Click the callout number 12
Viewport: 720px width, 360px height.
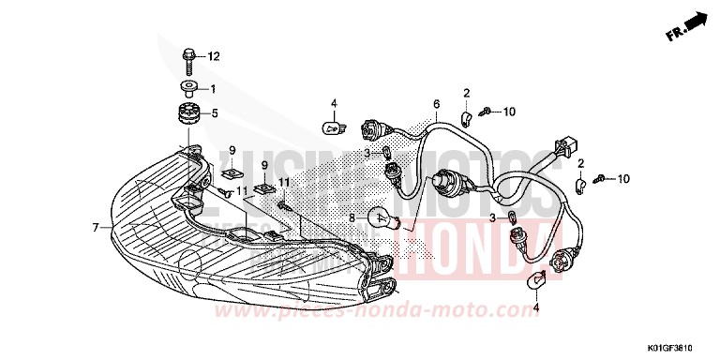(213, 57)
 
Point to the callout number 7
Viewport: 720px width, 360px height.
(96, 227)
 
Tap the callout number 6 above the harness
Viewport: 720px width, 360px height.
(436, 103)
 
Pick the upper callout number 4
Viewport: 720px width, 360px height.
(333, 103)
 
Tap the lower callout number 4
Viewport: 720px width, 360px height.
(536, 307)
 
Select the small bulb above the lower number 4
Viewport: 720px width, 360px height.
(538, 279)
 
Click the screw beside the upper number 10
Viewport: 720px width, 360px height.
(485, 112)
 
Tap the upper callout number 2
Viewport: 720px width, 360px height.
(466, 92)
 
